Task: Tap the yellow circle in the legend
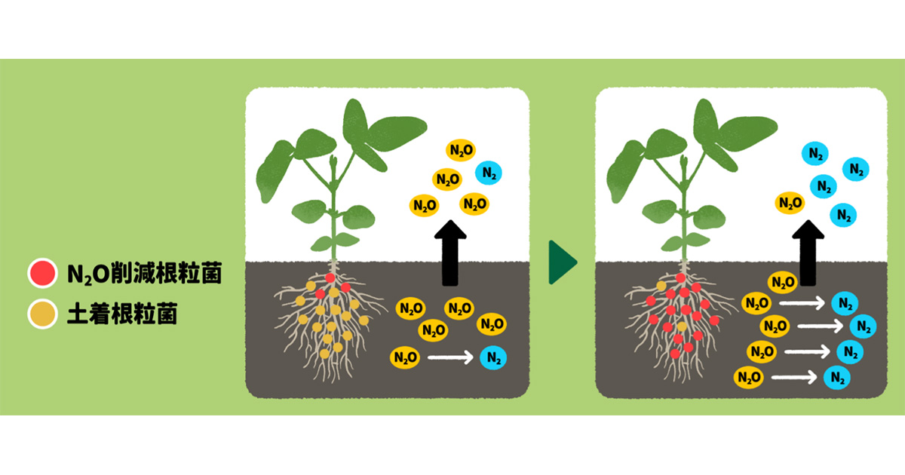pyautogui.click(x=41, y=314)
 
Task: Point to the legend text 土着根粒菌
pyautogui.click(x=121, y=314)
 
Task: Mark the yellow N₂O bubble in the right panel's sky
pyautogui.click(x=790, y=202)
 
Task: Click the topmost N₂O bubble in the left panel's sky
pyautogui.click(x=461, y=150)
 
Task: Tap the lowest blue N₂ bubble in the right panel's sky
pyautogui.click(x=843, y=216)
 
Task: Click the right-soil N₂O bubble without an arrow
pyautogui.click(x=781, y=283)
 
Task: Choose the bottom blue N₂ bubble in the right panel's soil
pyautogui.click(x=836, y=376)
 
